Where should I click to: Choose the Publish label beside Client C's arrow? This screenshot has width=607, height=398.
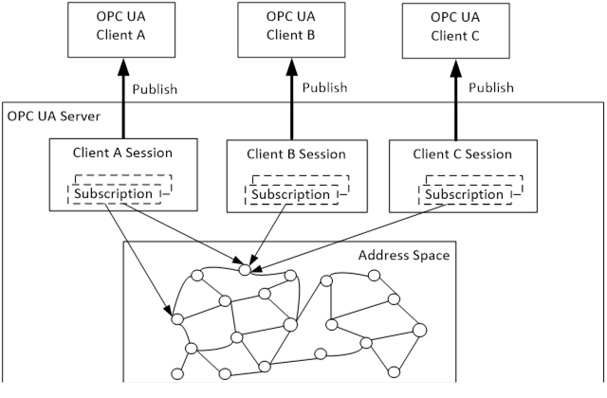(491, 88)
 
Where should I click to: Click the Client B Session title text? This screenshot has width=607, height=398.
(296, 154)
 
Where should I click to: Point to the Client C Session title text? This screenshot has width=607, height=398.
(462, 154)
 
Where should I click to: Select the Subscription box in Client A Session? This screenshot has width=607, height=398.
(120, 193)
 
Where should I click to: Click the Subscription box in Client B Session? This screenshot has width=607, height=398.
(295, 193)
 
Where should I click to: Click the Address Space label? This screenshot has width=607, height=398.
(403, 256)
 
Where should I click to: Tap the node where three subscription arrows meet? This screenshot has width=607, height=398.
(245, 269)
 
